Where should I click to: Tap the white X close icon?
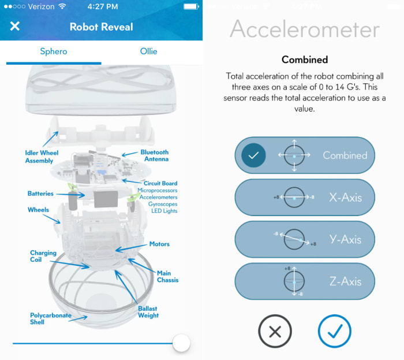15,27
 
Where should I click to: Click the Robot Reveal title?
101,27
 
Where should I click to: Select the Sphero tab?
53,51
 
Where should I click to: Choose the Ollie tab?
148,51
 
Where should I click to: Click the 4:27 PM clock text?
102,6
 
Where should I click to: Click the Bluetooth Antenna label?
154,155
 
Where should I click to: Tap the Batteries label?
40,194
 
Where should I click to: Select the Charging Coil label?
43,257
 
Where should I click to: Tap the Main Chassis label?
167,276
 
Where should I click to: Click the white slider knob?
181,343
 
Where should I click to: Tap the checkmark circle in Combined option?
253,155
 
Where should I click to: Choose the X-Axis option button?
304,198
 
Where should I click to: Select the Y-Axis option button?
304,239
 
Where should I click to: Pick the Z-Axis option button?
304,281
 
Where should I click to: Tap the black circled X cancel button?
275,332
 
